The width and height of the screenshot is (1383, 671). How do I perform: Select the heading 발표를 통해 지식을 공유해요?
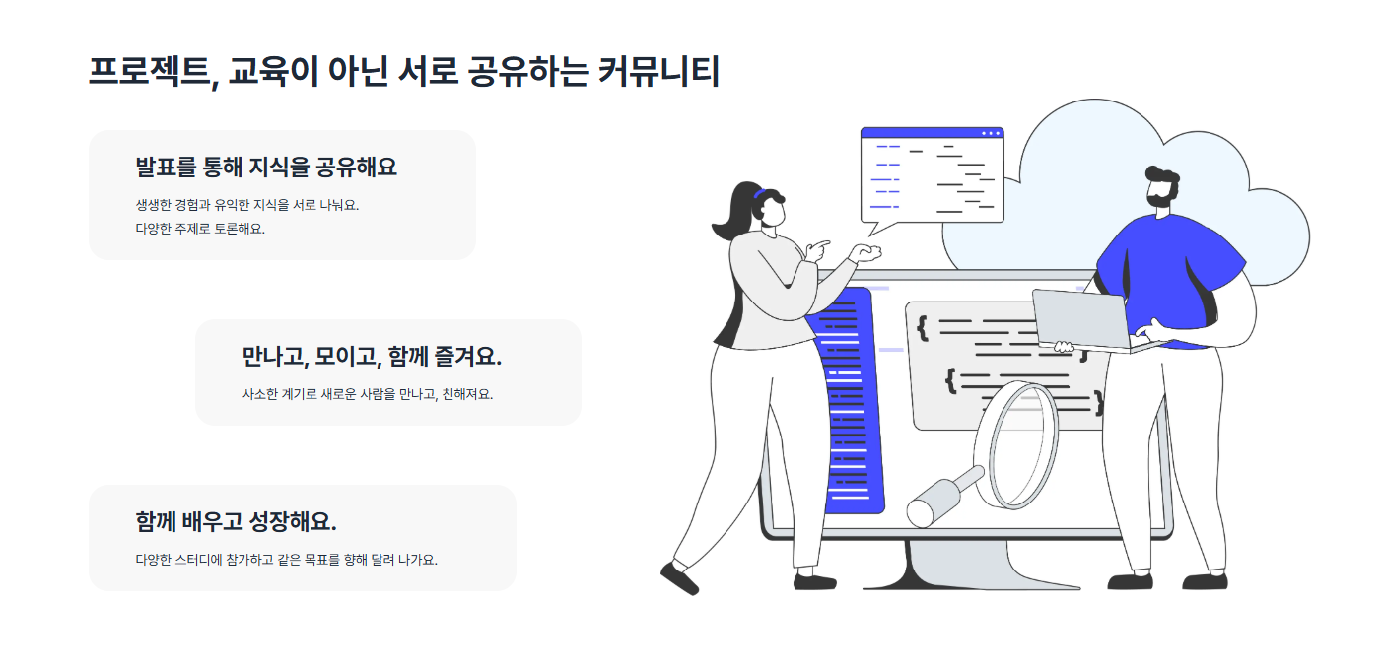(x=266, y=168)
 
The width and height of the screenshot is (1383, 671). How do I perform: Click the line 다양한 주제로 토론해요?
(x=200, y=229)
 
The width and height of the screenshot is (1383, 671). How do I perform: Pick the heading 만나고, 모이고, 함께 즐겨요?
(x=372, y=357)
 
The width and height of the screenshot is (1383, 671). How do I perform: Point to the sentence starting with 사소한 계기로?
(x=367, y=394)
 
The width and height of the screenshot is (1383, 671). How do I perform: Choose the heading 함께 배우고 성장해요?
(x=236, y=521)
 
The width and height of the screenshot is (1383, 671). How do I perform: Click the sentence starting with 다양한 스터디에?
(x=286, y=560)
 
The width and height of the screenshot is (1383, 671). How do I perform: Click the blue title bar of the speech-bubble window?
(x=931, y=132)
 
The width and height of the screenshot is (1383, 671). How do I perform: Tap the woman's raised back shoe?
(x=679, y=578)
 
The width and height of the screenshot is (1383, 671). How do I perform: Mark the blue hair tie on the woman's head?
(x=758, y=194)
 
